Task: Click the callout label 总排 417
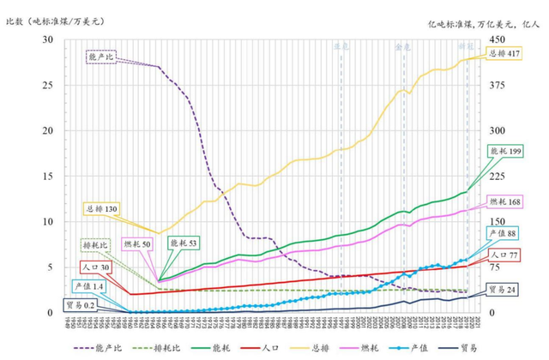coord(504,53)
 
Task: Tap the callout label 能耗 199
coord(505,151)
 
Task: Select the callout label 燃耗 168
coord(505,202)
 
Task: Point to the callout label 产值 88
coord(504,233)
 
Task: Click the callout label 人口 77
coord(504,255)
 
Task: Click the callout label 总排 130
coord(102,207)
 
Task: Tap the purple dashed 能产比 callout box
coord(103,57)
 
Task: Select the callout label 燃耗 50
coord(137,244)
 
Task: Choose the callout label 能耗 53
coord(183,244)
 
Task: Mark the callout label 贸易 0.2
coord(80,303)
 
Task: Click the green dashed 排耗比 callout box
coord(95,243)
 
